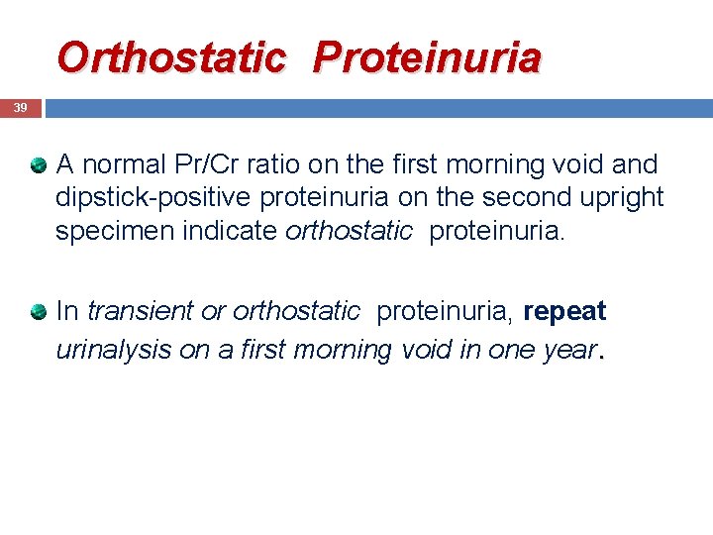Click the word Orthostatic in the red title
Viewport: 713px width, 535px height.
[170, 57]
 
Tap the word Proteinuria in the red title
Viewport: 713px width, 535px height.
[428, 57]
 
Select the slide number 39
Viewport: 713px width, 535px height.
[21, 108]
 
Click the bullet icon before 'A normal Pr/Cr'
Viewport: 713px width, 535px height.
[38, 164]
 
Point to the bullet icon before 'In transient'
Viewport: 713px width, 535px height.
[38, 312]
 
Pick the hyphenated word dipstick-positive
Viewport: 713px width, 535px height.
[153, 197]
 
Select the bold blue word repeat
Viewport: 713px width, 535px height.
[564, 311]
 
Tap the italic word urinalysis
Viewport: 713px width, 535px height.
[114, 349]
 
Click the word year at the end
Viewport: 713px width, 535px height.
[569, 349]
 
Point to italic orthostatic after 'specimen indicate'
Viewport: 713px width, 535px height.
[349, 231]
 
